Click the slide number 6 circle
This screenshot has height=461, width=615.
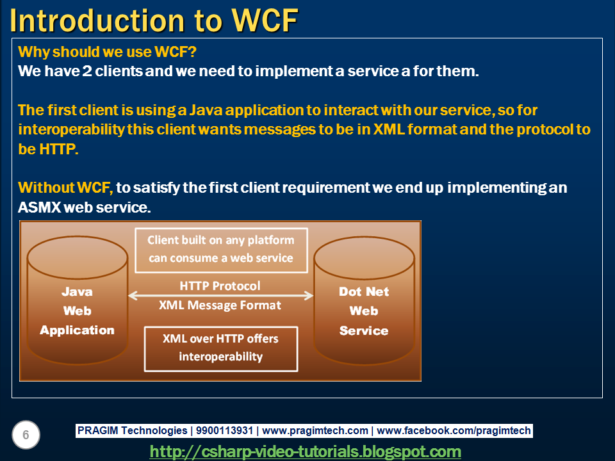26,435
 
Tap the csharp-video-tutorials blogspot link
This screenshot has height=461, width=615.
306,451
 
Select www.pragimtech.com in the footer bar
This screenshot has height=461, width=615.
315,431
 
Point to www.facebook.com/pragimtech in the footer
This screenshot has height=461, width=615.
454,431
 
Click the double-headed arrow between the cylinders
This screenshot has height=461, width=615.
220,295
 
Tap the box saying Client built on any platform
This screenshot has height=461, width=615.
220,249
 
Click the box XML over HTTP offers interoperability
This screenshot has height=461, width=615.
220,348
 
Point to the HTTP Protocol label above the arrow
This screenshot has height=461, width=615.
220,286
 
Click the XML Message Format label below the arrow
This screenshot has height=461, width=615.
220,305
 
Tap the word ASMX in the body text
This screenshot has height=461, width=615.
40,208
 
